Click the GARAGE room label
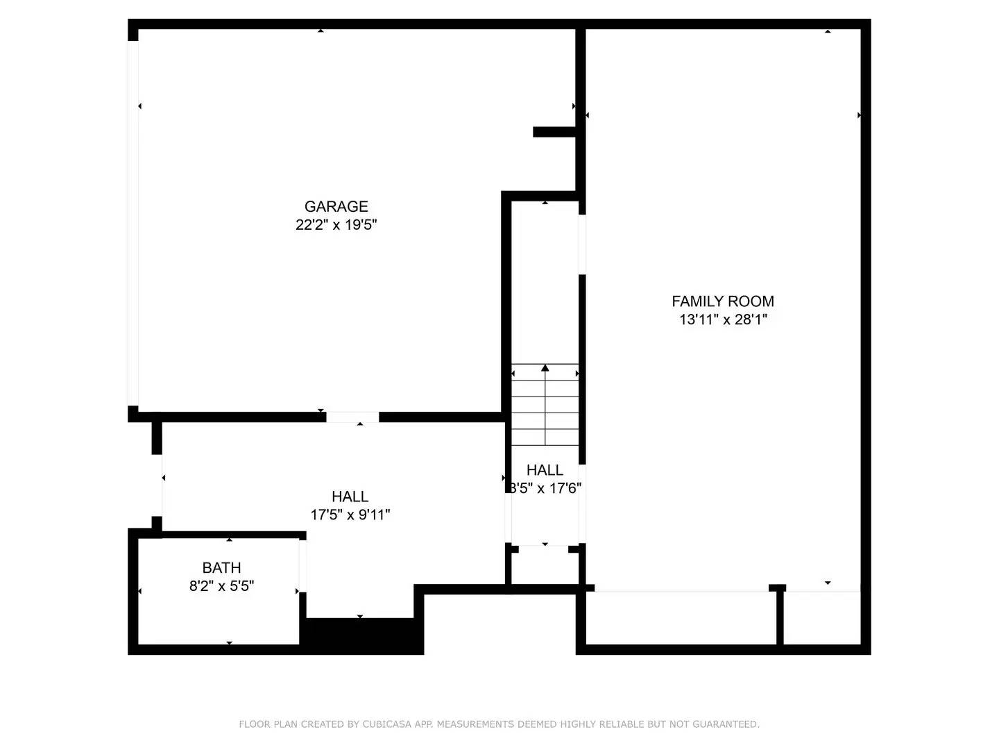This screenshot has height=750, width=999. tap(336, 206)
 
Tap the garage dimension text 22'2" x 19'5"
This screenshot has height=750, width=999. tap(336, 225)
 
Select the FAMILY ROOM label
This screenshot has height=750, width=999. tap(722, 301)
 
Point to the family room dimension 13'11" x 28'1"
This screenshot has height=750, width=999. tap(722, 320)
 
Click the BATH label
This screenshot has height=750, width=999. tap(221, 568)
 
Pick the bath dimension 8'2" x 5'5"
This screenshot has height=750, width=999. tap(221, 586)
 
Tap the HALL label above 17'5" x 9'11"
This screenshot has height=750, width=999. tap(350, 497)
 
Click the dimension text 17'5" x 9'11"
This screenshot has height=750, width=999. tap(350, 515)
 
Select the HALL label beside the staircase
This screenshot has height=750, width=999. tap(545, 470)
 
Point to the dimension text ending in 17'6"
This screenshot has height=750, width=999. tap(546, 488)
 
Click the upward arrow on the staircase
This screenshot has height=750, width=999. tap(545, 369)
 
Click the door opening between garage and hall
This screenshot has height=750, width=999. tap(352, 417)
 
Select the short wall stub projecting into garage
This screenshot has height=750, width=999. tap(554, 132)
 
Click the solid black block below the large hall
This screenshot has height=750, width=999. tap(361, 635)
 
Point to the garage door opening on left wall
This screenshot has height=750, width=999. tap(133, 222)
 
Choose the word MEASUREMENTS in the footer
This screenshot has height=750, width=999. tap(475, 724)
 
